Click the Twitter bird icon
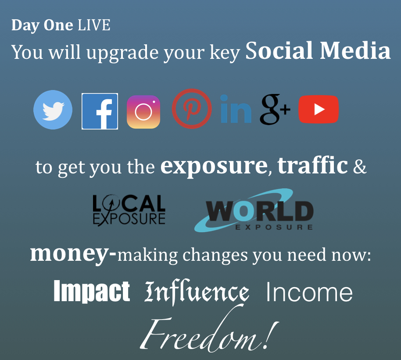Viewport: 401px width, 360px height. click(53, 110)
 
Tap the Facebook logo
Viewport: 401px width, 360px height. click(100, 112)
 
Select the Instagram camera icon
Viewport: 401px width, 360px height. click(143, 112)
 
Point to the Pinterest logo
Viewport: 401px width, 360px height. click(192, 109)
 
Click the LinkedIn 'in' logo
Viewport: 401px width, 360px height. click(236, 109)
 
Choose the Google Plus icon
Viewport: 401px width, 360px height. click(275, 109)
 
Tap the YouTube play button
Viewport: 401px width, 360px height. click(319, 109)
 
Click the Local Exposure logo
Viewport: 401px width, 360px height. click(129, 210)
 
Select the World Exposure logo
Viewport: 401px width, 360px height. click(254, 210)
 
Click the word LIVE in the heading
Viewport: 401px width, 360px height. click(94, 25)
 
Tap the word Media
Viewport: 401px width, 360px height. click(355, 50)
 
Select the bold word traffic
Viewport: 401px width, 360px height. click(312, 165)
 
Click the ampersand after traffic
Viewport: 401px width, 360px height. click(360, 166)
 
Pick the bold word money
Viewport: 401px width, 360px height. click(73, 254)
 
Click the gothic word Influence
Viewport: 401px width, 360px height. click(197, 292)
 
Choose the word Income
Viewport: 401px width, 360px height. click(309, 292)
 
